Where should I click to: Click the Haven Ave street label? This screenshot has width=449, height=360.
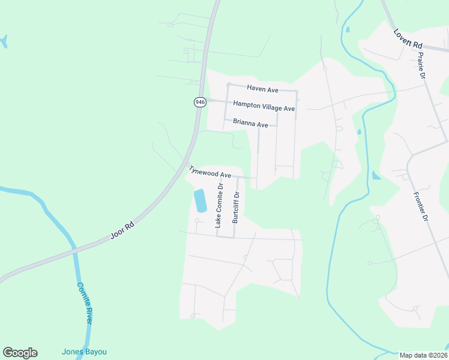(x=263, y=89)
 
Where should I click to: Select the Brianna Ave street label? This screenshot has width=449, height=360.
(x=250, y=124)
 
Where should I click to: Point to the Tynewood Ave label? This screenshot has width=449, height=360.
(x=210, y=172)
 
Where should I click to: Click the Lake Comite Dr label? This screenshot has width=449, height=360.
(x=218, y=205)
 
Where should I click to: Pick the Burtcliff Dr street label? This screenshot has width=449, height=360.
(x=236, y=207)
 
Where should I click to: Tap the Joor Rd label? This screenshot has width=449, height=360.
(x=122, y=230)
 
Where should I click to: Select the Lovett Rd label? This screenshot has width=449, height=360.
(x=408, y=40)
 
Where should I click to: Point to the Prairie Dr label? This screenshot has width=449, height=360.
(x=421, y=66)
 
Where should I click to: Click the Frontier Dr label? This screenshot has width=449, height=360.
(x=420, y=207)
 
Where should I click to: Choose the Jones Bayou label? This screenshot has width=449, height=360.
(x=84, y=352)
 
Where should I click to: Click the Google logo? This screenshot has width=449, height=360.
(x=20, y=352)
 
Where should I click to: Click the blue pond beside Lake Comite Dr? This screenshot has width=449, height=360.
(x=200, y=200)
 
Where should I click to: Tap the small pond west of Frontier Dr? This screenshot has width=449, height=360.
(x=376, y=175)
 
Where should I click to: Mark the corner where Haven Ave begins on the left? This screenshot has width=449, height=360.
(x=228, y=85)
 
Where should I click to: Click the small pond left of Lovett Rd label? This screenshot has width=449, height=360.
(x=347, y=29)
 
